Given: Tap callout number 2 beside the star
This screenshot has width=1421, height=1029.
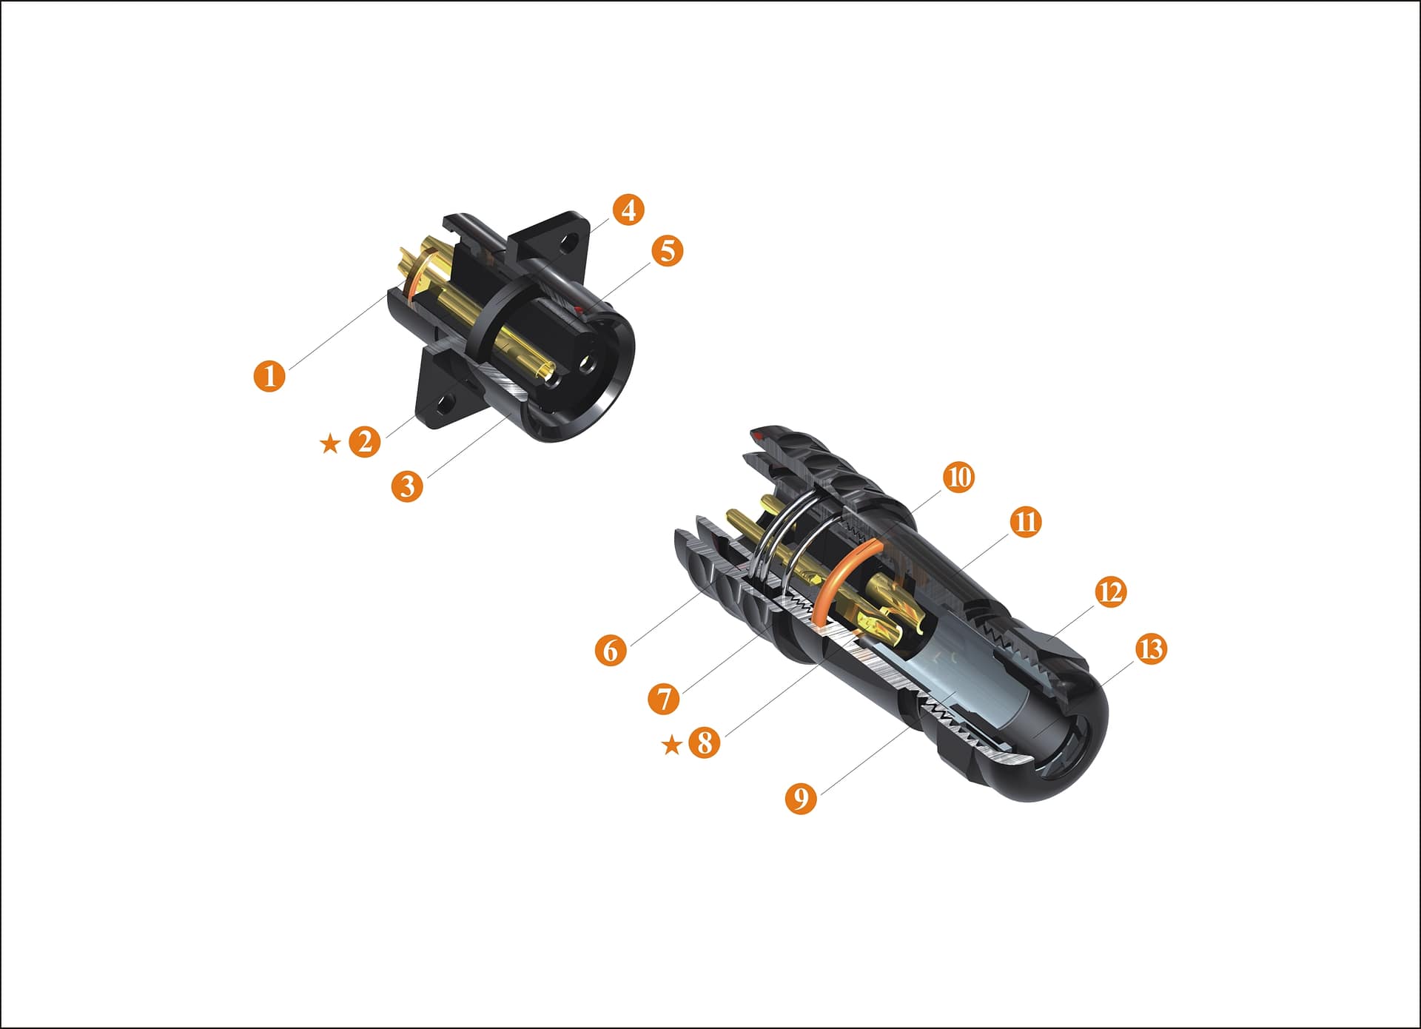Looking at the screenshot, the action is [x=364, y=442].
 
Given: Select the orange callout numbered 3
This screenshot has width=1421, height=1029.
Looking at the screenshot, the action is [x=407, y=486].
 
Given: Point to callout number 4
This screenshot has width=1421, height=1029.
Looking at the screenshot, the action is [x=628, y=210].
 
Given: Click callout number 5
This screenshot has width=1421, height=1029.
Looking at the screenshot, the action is [x=667, y=251].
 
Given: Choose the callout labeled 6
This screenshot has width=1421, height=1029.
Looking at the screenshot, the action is [x=611, y=650].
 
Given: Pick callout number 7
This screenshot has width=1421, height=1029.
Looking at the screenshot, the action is [x=664, y=698].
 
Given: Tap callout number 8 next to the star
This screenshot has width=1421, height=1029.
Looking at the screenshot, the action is [x=705, y=742].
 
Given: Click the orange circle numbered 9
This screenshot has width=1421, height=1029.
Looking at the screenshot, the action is [x=801, y=799].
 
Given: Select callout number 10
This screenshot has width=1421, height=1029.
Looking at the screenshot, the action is [x=958, y=477].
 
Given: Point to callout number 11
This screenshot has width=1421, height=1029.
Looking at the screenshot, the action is [x=1025, y=522].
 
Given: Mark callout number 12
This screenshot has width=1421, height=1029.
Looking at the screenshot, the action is [x=1109, y=592].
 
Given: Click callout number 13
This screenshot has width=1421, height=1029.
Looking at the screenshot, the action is [x=1151, y=649].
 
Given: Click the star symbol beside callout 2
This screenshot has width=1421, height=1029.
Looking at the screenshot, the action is [x=329, y=444].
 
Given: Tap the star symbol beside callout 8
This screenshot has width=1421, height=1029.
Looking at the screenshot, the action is [x=671, y=745].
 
